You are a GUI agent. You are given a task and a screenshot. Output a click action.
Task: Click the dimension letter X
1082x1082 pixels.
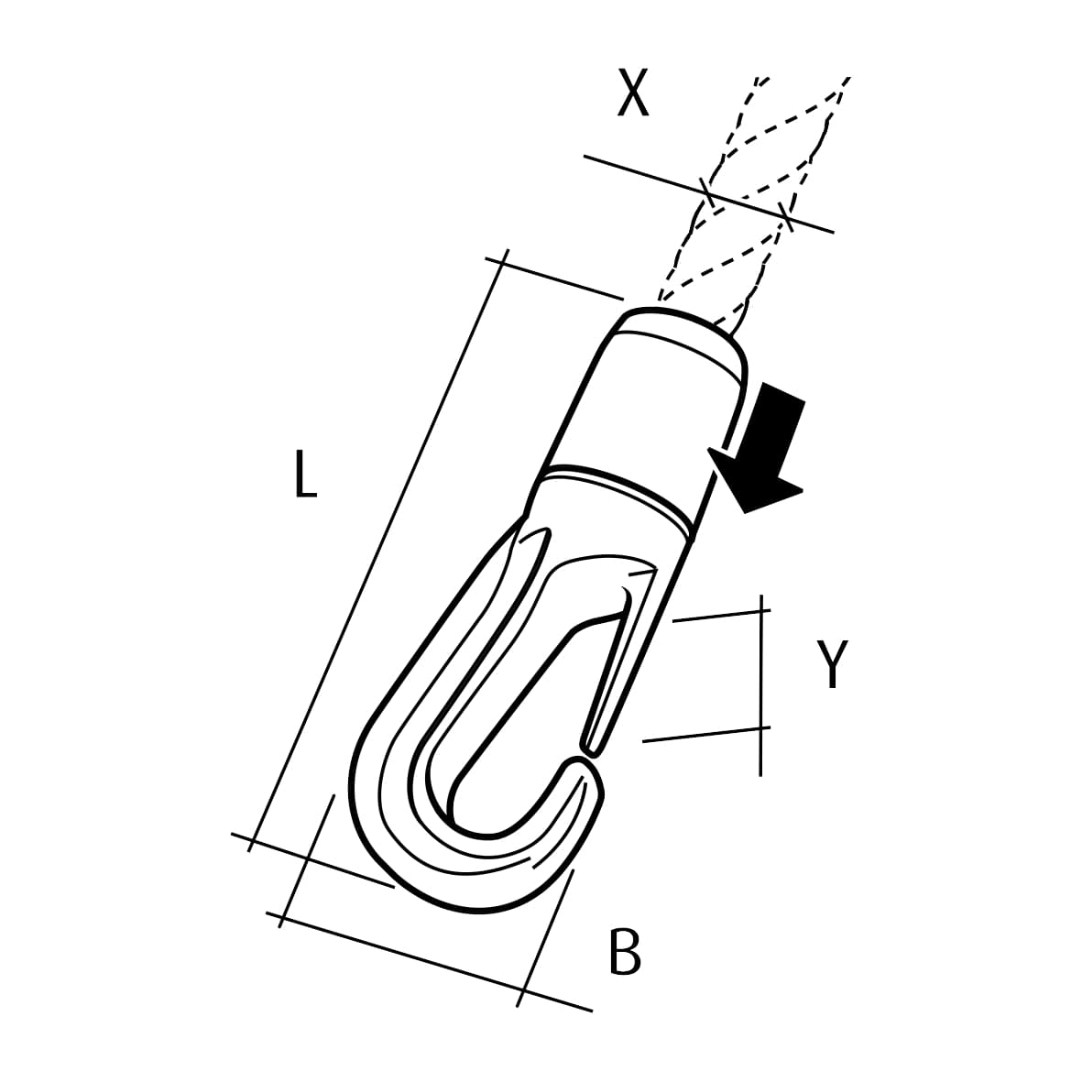(x=633, y=94)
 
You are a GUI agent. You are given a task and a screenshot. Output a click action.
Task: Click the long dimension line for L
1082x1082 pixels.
(x=376, y=550)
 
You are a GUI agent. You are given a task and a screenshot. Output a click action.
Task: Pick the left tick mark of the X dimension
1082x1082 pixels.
(x=705, y=193)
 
